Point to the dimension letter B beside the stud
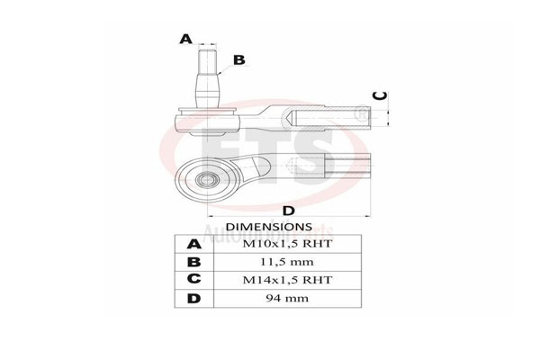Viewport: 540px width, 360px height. click(x=238, y=60)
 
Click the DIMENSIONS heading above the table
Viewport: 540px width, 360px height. click(x=268, y=227)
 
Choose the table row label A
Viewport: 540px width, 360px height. click(x=193, y=244)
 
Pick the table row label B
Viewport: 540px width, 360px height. click(x=193, y=262)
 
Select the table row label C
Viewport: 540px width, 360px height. click(x=193, y=280)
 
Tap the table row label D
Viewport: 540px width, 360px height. click(x=193, y=298)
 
